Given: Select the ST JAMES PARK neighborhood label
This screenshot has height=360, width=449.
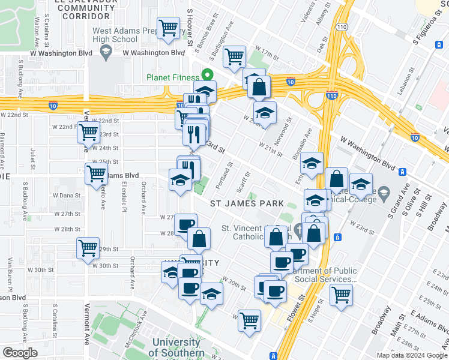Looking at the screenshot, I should tap(247, 203).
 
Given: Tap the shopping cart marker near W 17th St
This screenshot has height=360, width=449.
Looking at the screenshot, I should tap(234, 57).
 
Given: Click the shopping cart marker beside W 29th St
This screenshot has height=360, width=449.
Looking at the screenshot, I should tap(88, 247).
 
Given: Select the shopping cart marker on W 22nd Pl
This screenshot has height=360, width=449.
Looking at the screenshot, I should tap(89, 131).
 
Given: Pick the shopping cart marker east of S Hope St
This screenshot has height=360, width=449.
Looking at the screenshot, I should tap(341, 295).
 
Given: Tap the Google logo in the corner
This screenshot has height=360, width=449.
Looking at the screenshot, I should tap(20, 352).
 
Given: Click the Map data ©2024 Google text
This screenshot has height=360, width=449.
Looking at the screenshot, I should tap(411, 355).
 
